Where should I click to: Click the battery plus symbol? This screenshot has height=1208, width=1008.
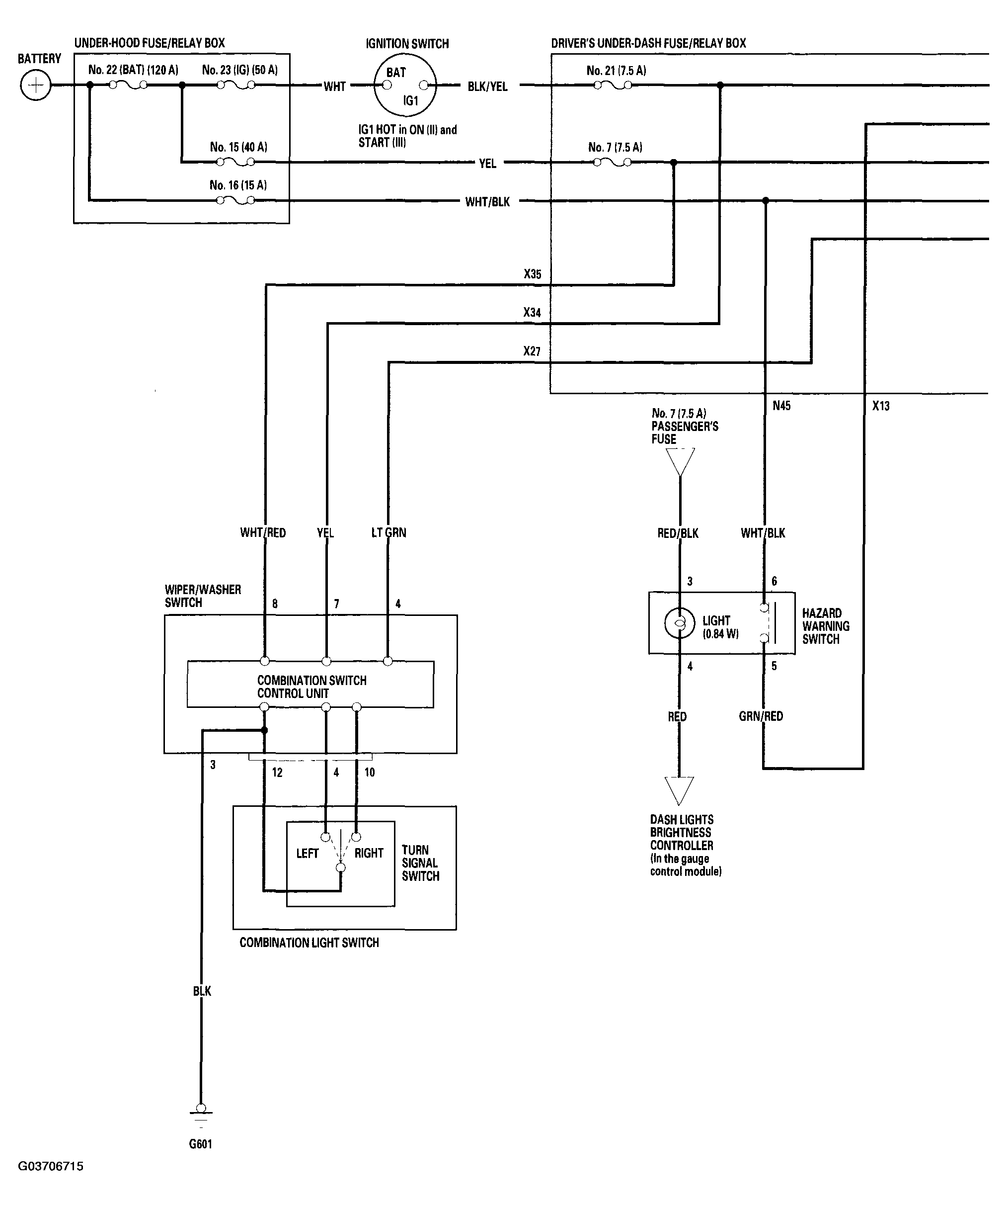36,85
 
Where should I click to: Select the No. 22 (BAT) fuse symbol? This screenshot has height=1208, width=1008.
128,85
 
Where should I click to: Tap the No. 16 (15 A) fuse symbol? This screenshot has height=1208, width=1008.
236,200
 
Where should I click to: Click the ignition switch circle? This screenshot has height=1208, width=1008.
405,86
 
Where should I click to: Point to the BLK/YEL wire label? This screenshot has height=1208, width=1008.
488,86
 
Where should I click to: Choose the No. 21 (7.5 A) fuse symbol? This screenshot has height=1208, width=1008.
613,85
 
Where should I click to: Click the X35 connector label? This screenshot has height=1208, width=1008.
533,274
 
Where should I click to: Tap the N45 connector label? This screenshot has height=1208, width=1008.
781,406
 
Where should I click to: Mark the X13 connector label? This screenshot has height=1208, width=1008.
881,406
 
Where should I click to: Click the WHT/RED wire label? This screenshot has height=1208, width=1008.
263,533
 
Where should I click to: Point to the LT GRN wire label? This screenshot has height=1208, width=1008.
388,533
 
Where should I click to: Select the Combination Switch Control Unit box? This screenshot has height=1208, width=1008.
310,684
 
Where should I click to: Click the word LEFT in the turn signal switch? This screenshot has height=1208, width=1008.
307,853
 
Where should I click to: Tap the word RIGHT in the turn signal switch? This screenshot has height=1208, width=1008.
369,853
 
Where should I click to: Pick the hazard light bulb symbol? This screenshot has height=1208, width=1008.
680,623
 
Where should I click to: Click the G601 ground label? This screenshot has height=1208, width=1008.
201,1144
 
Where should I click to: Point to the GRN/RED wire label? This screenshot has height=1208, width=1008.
761,716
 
